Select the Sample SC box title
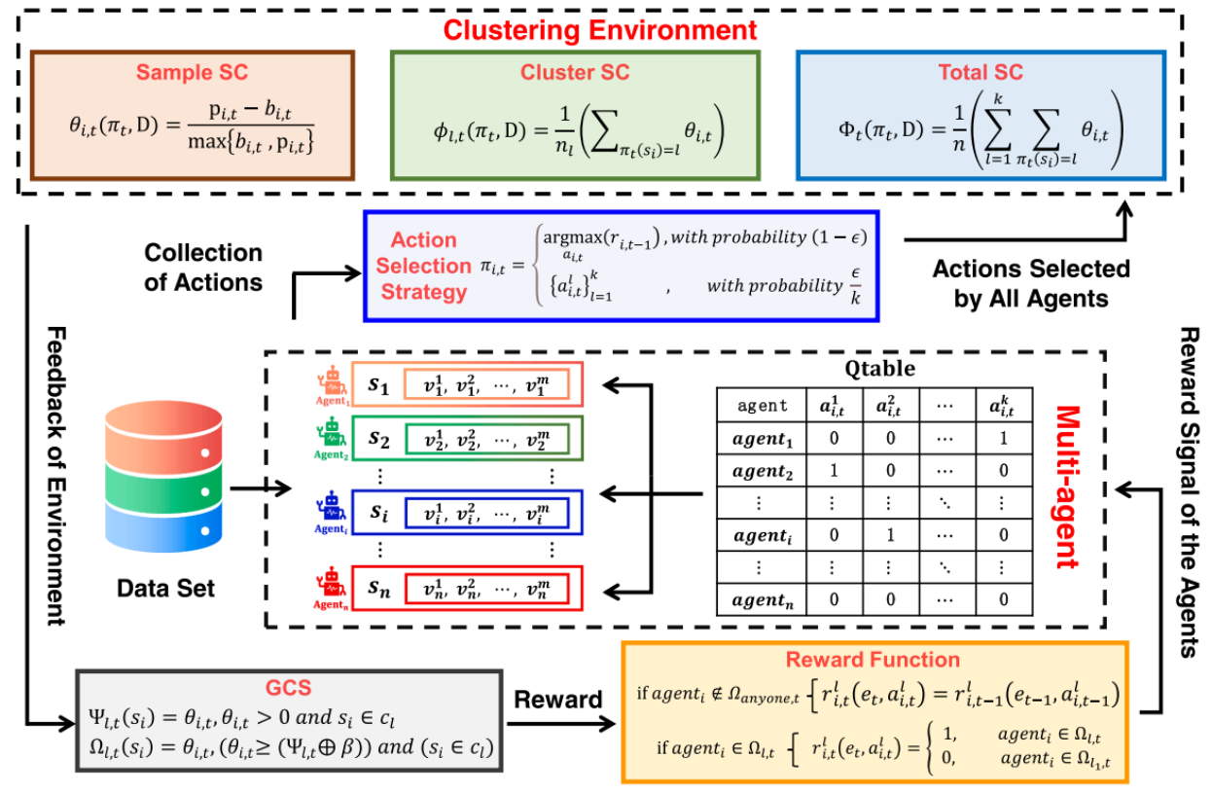[x=192, y=73]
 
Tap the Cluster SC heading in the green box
[x=575, y=73]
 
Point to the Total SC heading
[x=980, y=73]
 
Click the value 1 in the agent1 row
[x=1002, y=439]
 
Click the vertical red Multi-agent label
[x=1066, y=487]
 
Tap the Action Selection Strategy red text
[x=423, y=266]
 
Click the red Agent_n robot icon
[x=332, y=590]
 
